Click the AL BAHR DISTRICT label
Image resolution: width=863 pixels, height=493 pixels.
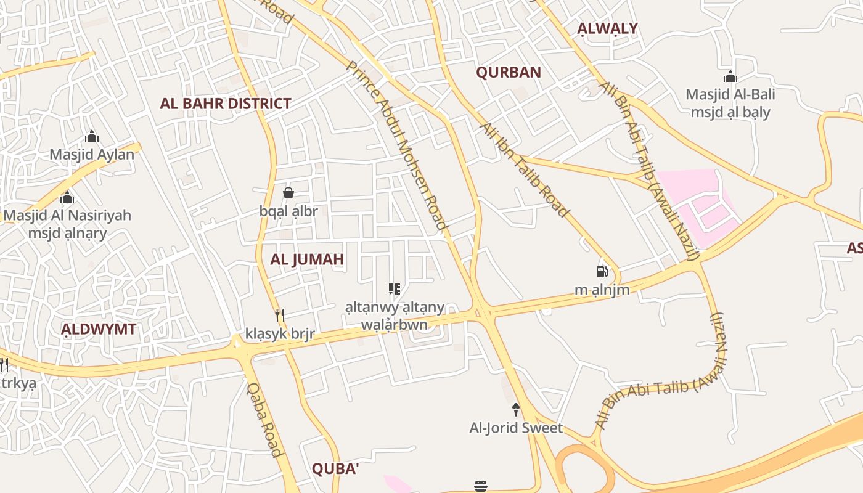(225, 104)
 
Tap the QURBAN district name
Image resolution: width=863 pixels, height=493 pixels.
(509, 72)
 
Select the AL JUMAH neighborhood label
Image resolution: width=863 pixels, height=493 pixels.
(307, 259)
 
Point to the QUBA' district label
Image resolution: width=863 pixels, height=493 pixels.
(335, 469)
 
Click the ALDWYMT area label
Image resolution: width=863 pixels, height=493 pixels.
(99, 329)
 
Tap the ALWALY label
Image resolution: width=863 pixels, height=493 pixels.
(607, 28)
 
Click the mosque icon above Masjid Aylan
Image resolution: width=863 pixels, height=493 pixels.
(92, 136)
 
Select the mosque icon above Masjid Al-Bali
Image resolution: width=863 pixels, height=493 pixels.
(730, 76)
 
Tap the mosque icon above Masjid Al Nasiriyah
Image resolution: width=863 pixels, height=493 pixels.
(67, 197)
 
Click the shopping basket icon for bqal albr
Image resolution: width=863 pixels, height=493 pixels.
(288, 193)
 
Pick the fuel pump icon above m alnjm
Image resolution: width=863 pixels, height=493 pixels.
(602, 271)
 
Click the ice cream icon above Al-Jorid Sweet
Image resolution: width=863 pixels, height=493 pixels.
(516, 409)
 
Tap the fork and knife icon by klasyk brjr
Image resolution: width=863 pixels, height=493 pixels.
(280, 316)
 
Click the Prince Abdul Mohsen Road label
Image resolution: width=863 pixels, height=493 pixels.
(397, 145)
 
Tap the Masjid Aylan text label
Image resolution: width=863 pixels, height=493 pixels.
(92, 154)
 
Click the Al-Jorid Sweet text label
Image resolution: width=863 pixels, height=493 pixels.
(516, 428)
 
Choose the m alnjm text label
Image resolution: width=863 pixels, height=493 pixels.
(602, 290)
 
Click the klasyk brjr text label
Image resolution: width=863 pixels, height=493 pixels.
(280, 335)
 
